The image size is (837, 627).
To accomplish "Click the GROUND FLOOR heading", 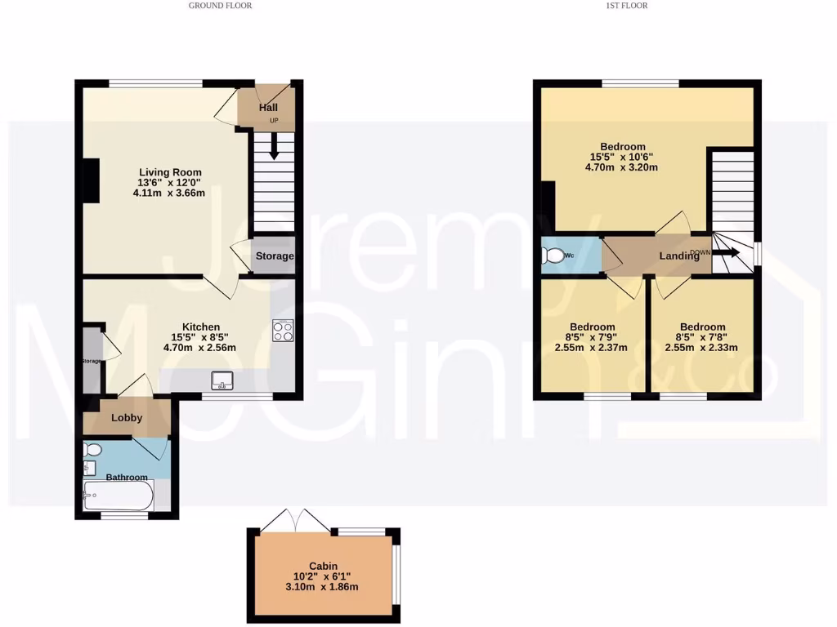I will (x=220, y=6).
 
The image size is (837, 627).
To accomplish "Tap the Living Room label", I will (x=169, y=172).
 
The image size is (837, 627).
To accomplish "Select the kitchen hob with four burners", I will (x=282, y=331).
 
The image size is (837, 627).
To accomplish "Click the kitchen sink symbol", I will (x=222, y=380).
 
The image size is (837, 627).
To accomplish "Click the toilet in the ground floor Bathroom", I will (x=92, y=450).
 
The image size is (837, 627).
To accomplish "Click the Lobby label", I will (x=127, y=418).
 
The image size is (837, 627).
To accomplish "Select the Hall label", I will (x=268, y=108).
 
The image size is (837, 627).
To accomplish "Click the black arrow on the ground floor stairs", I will (x=273, y=145).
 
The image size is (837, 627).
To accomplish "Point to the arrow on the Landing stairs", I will (x=727, y=254).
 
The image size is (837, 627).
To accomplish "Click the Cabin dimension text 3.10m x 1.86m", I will (x=323, y=587).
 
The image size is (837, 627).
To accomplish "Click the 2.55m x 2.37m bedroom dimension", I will (x=591, y=347).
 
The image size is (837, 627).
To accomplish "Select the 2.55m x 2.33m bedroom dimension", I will (x=701, y=347).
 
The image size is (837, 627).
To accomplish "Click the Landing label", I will (x=679, y=256).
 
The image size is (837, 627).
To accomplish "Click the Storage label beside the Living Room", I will (x=274, y=256).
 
